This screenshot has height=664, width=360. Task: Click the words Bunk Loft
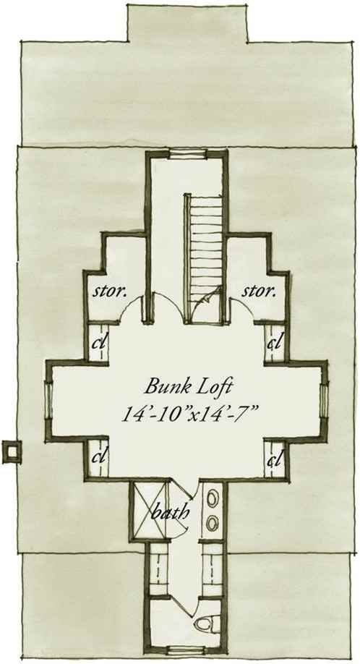[189, 387]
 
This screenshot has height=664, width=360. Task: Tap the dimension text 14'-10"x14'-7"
[190, 412]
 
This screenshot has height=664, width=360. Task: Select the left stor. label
[110, 291]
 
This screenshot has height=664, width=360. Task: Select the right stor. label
[259, 291]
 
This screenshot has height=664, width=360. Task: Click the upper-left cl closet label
[98, 342]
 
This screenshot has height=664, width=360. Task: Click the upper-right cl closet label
[274, 342]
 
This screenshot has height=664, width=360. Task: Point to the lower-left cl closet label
[98, 457]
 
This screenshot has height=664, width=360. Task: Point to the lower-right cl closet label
[274, 459]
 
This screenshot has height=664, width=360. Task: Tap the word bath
[170, 513]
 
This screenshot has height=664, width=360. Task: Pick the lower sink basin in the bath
[213, 523]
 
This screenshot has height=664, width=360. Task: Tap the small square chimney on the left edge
[12, 452]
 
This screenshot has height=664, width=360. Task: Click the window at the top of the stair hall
[188, 154]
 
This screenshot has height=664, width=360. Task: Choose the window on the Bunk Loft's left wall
[49, 400]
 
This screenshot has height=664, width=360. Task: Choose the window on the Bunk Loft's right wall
[325, 400]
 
